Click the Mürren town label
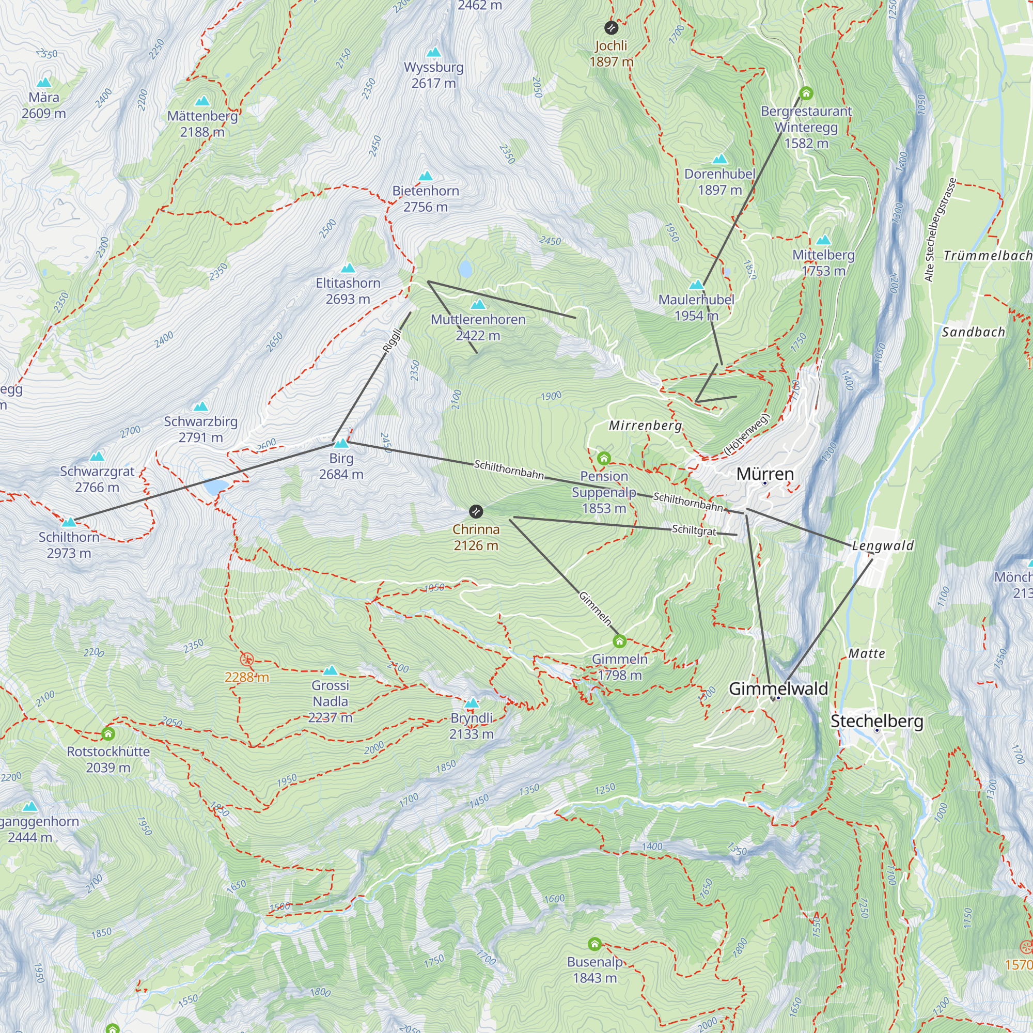(764, 474)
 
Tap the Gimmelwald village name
(778, 688)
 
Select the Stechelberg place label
(877, 721)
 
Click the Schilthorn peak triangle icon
(69, 521)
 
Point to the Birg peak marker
(341, 443)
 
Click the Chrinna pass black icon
(475, 512)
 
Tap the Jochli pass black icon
(611, 28)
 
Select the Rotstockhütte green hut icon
(108, 733)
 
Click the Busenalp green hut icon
(594, 944)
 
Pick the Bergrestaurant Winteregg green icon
(806, 93)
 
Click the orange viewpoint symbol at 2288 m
(246, 659)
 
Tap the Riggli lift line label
(392, 340)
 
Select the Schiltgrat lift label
(694, 530)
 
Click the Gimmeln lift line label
(595, 608)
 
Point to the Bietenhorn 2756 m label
(426, 198)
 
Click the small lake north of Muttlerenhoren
(465, 269)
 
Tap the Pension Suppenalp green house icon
(604, 458)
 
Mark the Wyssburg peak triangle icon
(434, 52)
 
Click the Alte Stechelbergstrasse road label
(940, 230)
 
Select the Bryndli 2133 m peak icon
(471, 703)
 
